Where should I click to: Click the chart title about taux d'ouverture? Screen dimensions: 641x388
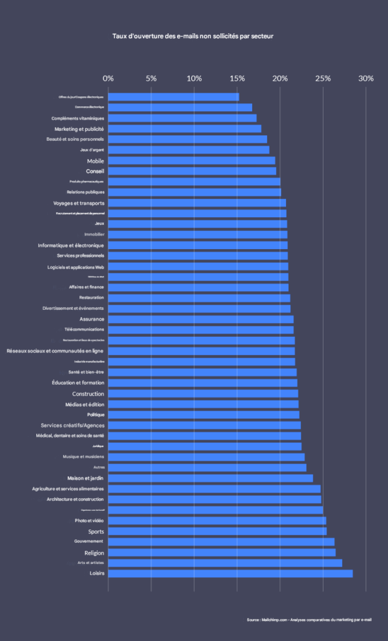coord(193,36)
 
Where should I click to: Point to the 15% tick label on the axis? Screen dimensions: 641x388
coord(237,79)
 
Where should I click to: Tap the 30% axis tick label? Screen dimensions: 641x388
coord(365,79)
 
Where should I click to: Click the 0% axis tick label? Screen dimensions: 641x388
coord(108,79)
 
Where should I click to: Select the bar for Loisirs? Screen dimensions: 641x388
coord(230,573)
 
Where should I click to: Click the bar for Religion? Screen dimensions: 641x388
coord(222,553)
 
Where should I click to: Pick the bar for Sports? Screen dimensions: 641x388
coord(217,531)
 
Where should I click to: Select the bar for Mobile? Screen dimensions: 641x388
coord(191,161)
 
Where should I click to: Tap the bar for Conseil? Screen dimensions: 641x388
coord(192,171)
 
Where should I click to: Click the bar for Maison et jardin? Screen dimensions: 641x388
coord(210,478)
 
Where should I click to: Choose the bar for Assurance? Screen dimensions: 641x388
coord(201,319)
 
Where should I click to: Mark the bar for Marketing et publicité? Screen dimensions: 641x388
coord(185,129)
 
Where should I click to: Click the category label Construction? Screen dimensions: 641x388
coord(88,394)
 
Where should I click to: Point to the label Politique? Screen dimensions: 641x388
coord(95,414)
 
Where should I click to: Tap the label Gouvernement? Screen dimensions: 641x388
coord(89,541)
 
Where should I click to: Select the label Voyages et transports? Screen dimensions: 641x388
coord(79,203)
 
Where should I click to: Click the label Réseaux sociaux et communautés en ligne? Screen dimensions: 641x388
coord(55,351)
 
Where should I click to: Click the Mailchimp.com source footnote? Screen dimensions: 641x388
coord(309,620)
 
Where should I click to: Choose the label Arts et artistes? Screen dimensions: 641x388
coord(91,563)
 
